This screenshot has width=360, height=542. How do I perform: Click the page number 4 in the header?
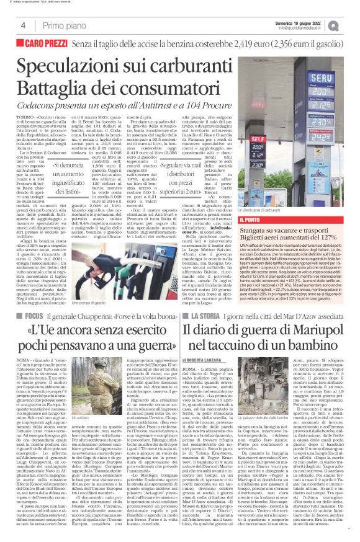point(14,24)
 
